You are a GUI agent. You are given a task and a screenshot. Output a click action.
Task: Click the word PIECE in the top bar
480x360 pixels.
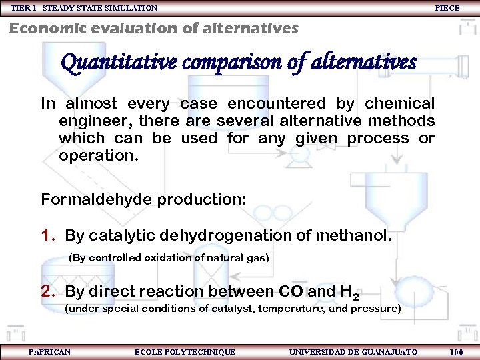click(x=447, y=8)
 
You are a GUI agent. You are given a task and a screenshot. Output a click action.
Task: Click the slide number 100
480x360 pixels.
click(x=457, y=352)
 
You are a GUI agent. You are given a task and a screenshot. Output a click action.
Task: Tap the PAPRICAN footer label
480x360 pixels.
click(x=49, y=351)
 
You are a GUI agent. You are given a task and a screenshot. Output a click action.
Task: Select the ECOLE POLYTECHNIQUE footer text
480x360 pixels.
click(x=185, y=351)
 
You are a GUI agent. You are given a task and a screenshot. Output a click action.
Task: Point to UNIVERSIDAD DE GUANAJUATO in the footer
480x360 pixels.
click(x=353, y=351)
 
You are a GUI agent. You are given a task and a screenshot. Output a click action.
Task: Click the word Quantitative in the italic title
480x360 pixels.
click(x=118, y=63)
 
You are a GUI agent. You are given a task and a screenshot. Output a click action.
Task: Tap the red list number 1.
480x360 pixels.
click(x=46, y=235)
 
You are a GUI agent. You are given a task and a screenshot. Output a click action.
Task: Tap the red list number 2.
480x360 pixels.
click(x=46, y=291)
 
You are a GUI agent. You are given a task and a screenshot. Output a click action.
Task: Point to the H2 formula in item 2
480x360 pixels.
click(x=349, y=293)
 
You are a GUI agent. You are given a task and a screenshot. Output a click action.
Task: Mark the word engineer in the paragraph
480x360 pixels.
click(x=92, y=121)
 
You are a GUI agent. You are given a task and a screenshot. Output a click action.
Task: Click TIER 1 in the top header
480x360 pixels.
click(x=24, y=8)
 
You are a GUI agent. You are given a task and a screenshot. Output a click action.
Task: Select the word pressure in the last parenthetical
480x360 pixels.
click(x=375, y=309)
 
